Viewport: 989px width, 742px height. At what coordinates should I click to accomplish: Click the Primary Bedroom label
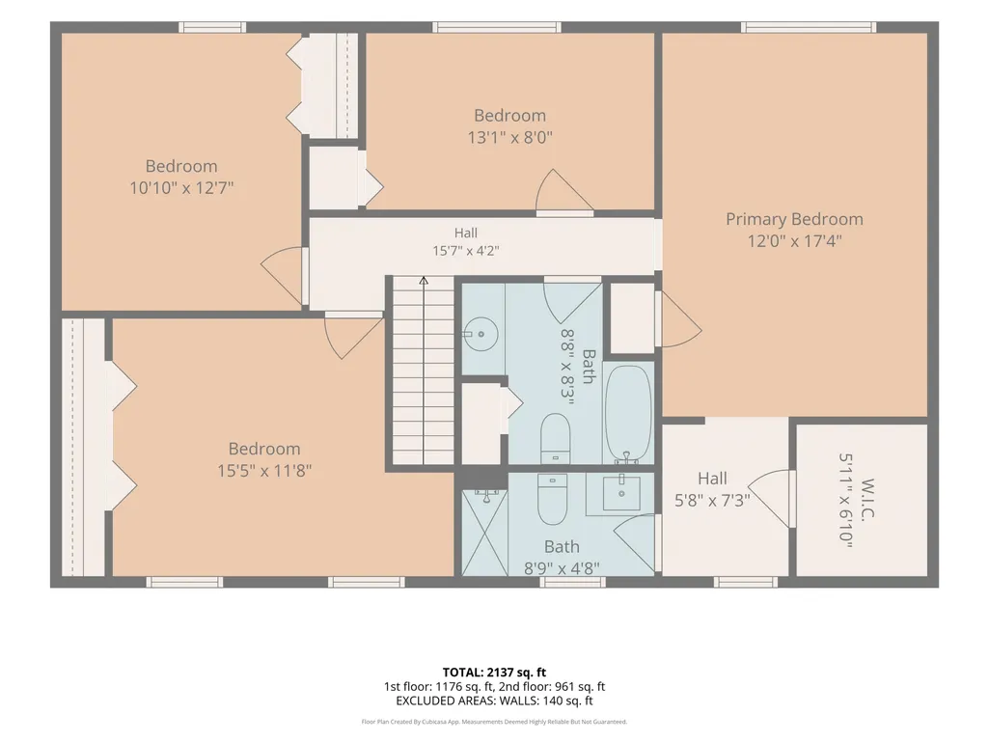794,219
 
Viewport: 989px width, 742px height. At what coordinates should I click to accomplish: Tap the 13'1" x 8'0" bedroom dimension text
509,137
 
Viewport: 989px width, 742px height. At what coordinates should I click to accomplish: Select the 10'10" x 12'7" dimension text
181,187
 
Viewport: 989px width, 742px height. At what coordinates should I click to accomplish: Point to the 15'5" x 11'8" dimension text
264,470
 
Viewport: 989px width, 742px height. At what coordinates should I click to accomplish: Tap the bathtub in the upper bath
628,415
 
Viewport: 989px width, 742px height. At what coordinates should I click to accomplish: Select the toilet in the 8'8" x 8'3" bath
555,438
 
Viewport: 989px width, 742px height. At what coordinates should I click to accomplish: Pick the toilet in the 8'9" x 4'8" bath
553,499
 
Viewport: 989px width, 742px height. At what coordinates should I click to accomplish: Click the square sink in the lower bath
621,493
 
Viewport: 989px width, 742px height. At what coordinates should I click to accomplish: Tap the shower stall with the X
484,533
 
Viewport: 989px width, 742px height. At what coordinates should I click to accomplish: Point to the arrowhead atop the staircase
424,280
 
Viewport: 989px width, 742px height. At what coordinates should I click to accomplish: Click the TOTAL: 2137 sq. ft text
494,672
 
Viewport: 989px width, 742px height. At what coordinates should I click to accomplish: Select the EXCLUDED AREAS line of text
494,701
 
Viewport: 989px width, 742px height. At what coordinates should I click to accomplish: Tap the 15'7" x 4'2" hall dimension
465,251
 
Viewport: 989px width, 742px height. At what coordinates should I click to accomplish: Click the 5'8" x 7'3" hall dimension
712,501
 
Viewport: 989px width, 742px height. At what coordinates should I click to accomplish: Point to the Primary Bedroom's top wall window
808,27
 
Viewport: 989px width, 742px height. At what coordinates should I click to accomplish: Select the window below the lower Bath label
572,582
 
